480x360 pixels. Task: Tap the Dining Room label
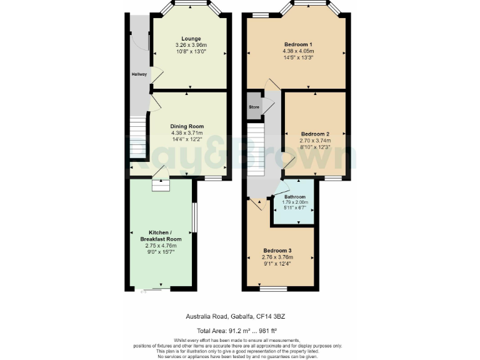(x=187, y=126)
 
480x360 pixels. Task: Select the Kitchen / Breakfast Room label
(x=161, y=235)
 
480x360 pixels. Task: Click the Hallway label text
(x=139, y=74)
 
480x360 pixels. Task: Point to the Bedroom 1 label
(x=298, y=44)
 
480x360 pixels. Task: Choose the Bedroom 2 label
(x=315, y=134)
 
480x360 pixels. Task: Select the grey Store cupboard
(x=254, y=107)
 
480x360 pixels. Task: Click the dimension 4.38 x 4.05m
(x=298, y=51)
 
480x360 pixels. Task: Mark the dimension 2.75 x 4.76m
(x=161, y=246)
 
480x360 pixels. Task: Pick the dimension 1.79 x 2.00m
(x=296, y=202)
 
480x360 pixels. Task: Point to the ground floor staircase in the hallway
(x=137, y=139)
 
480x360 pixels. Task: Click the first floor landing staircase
(x=256, y=150)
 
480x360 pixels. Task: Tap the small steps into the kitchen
(x=160, y=186)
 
